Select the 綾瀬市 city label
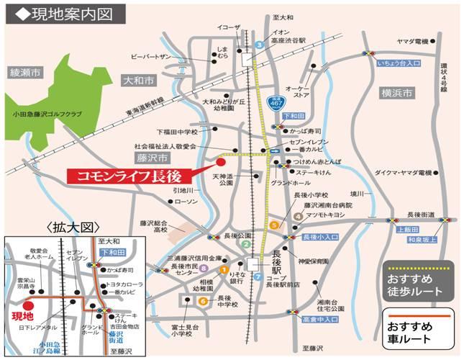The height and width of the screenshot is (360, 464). point(26,72)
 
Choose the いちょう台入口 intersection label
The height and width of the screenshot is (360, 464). point(399,63)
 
